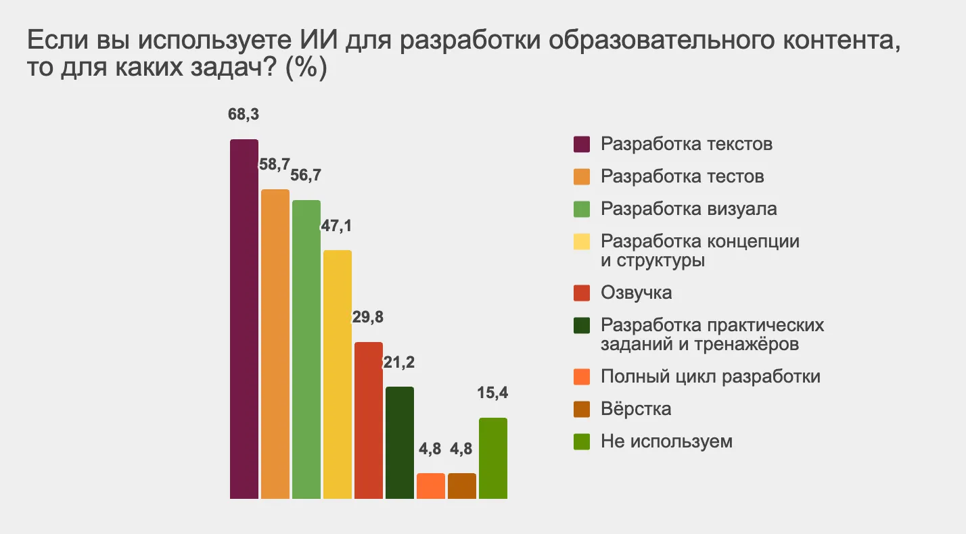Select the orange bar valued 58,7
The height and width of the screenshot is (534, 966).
[x=275, y=344]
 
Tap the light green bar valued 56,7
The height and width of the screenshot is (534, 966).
[x=306, y=349]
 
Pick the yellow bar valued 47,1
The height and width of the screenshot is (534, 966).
[x=338, y=374]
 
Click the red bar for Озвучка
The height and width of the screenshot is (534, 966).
[x=369, y=420]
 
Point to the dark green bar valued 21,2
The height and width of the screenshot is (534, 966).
[x=400, y=443]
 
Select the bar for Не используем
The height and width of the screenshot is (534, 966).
[x=493, y=458]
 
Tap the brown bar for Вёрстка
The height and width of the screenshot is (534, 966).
[x=462, y=486]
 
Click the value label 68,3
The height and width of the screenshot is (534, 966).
[x=244, y=114]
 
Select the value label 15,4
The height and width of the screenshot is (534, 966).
[x=493, y=393]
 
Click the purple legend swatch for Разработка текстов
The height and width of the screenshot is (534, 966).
[x=582, y=144]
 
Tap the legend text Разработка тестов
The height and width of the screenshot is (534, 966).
[x=683, y=176]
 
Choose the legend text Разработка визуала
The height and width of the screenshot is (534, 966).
[x=689, y=208]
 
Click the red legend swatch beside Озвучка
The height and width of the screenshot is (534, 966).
[x=582, y=293]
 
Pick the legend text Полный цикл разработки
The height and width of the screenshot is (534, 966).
[x=710, y=376]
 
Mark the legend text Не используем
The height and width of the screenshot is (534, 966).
[x=666, y=441]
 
